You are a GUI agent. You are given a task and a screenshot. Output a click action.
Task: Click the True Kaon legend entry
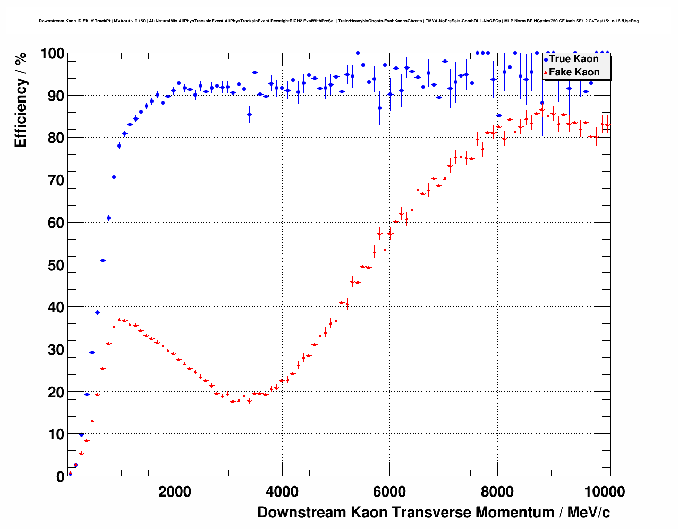pos(573,59)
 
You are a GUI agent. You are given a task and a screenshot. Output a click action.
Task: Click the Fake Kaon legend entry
pos(574,72)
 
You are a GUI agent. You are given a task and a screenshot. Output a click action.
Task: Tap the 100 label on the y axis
pos(52,54)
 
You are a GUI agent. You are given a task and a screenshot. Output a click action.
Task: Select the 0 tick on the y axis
pos(60,476)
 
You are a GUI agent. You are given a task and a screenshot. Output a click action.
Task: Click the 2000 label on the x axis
pos(175,492)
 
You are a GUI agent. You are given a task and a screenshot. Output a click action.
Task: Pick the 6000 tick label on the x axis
pos(389,492)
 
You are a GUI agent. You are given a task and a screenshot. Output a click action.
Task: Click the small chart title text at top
pos(338,21)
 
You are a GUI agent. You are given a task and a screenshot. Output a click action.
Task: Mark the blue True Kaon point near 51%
pos(103,260)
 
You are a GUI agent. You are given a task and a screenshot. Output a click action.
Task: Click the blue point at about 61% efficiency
pos(108,218)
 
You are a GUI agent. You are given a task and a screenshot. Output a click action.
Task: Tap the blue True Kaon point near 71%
pos(114,177)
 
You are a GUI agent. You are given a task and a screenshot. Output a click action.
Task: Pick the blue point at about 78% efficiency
pos(119,146)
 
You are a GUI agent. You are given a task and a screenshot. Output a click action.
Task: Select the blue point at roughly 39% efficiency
pos(97,312)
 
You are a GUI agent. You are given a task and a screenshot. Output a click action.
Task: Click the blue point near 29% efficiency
pos(92,352)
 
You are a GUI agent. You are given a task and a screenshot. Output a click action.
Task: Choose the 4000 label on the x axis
pos(282,492)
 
